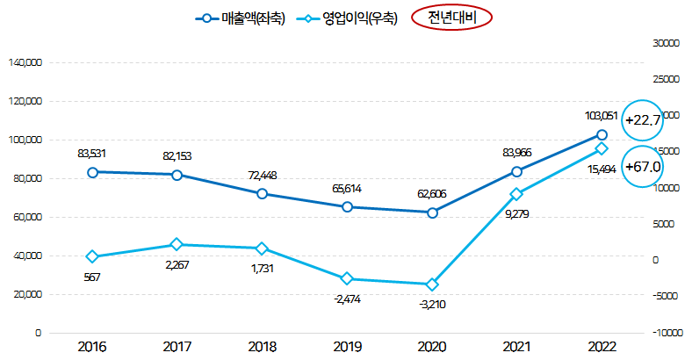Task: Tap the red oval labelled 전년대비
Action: click(x=451, y=18)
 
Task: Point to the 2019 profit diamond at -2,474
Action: click(x=347, y=278)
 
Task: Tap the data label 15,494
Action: click(x=601, y=169)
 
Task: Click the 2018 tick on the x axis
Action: click(x=262, y=346)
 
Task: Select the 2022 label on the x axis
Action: click(x=602, y=346)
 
